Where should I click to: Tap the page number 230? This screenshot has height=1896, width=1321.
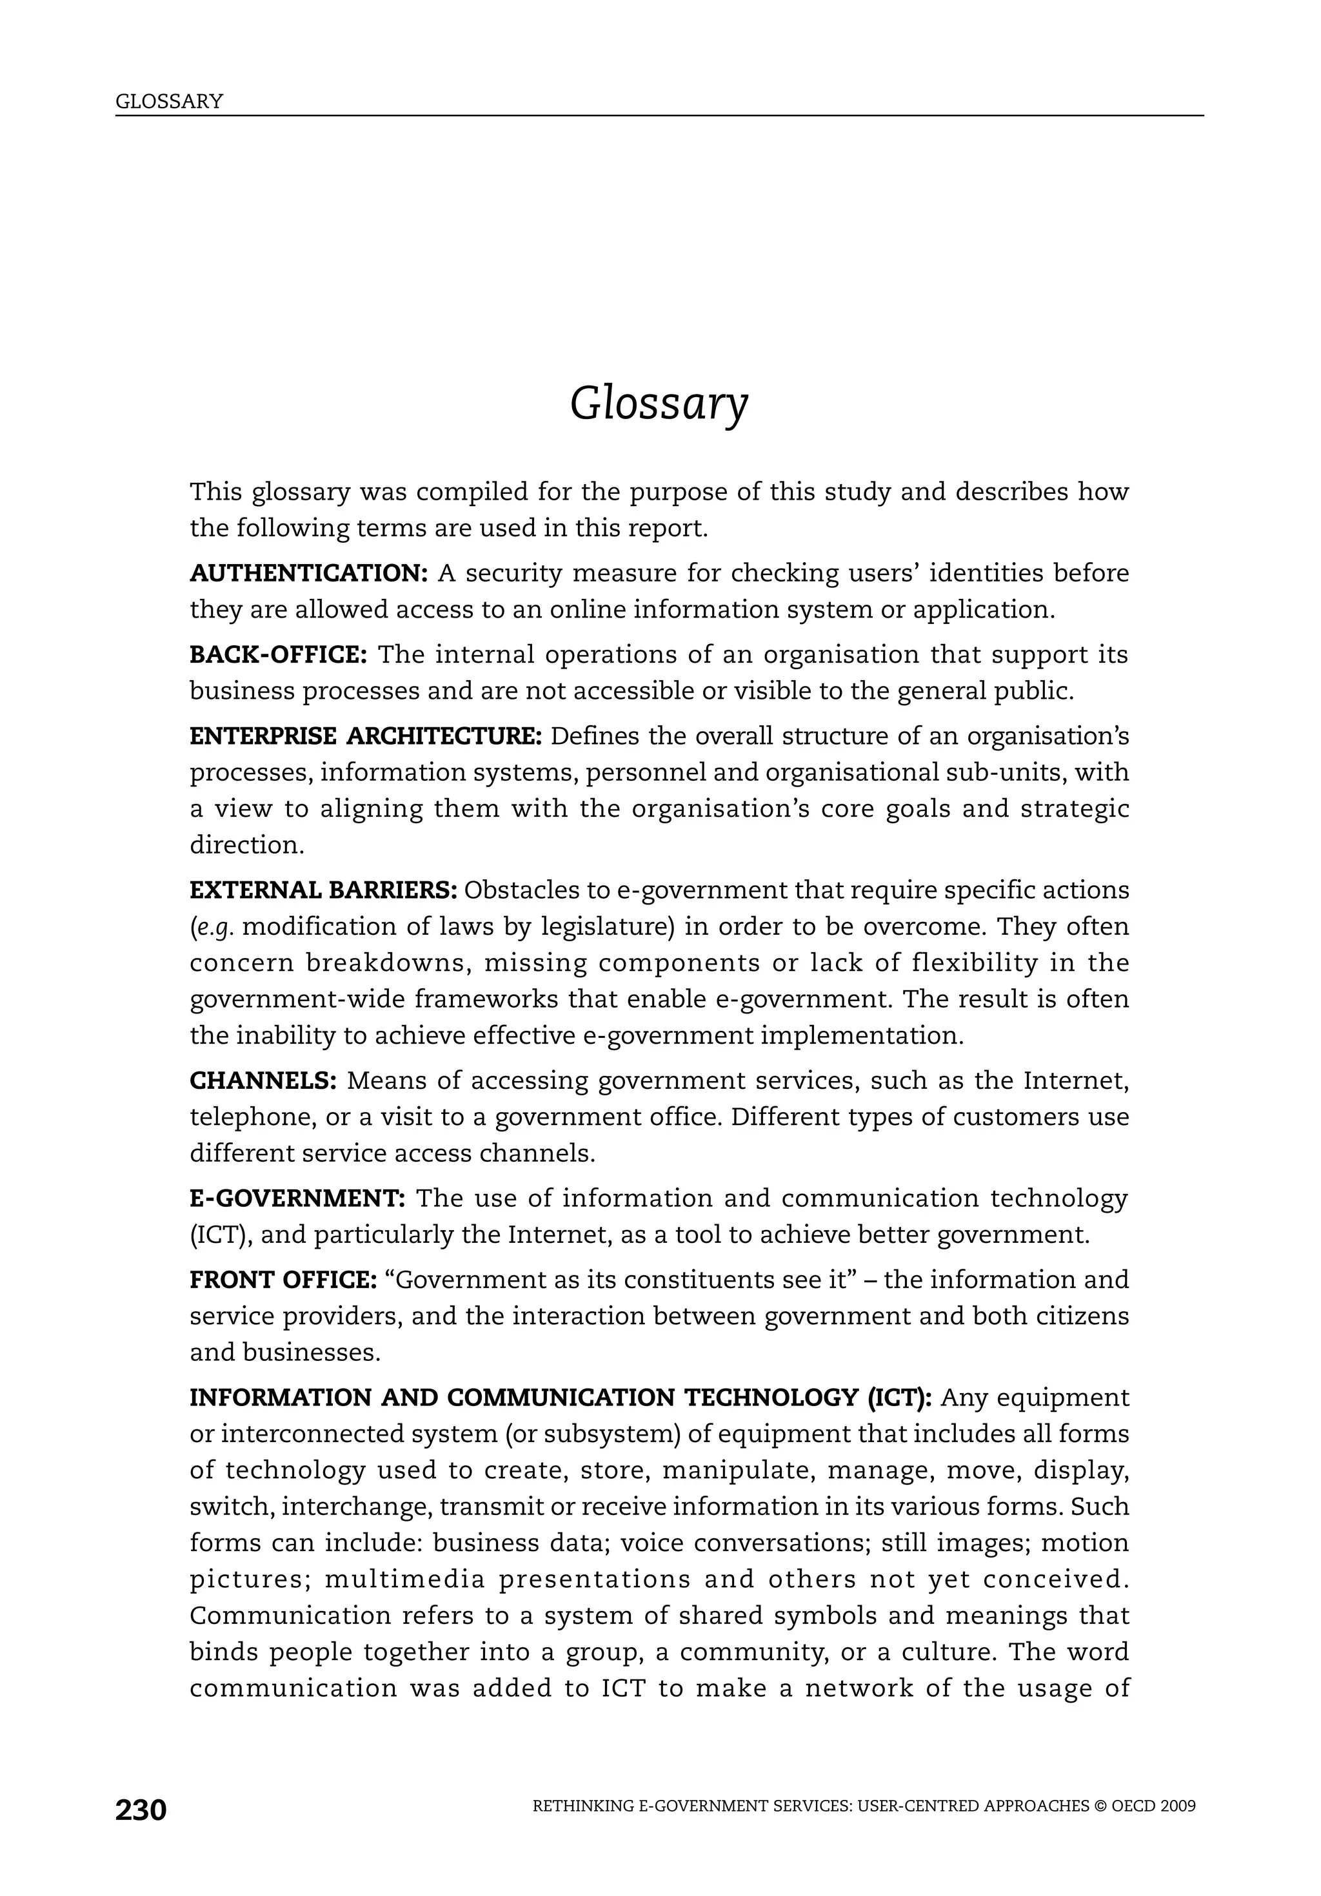141,1810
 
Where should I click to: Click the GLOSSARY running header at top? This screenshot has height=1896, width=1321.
170,102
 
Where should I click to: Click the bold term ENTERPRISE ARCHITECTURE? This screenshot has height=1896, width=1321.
366,736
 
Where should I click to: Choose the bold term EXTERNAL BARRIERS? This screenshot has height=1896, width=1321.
323,890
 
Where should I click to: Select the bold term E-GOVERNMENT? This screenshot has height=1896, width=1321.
297,1198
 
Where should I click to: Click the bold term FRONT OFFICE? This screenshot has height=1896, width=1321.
283,1280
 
